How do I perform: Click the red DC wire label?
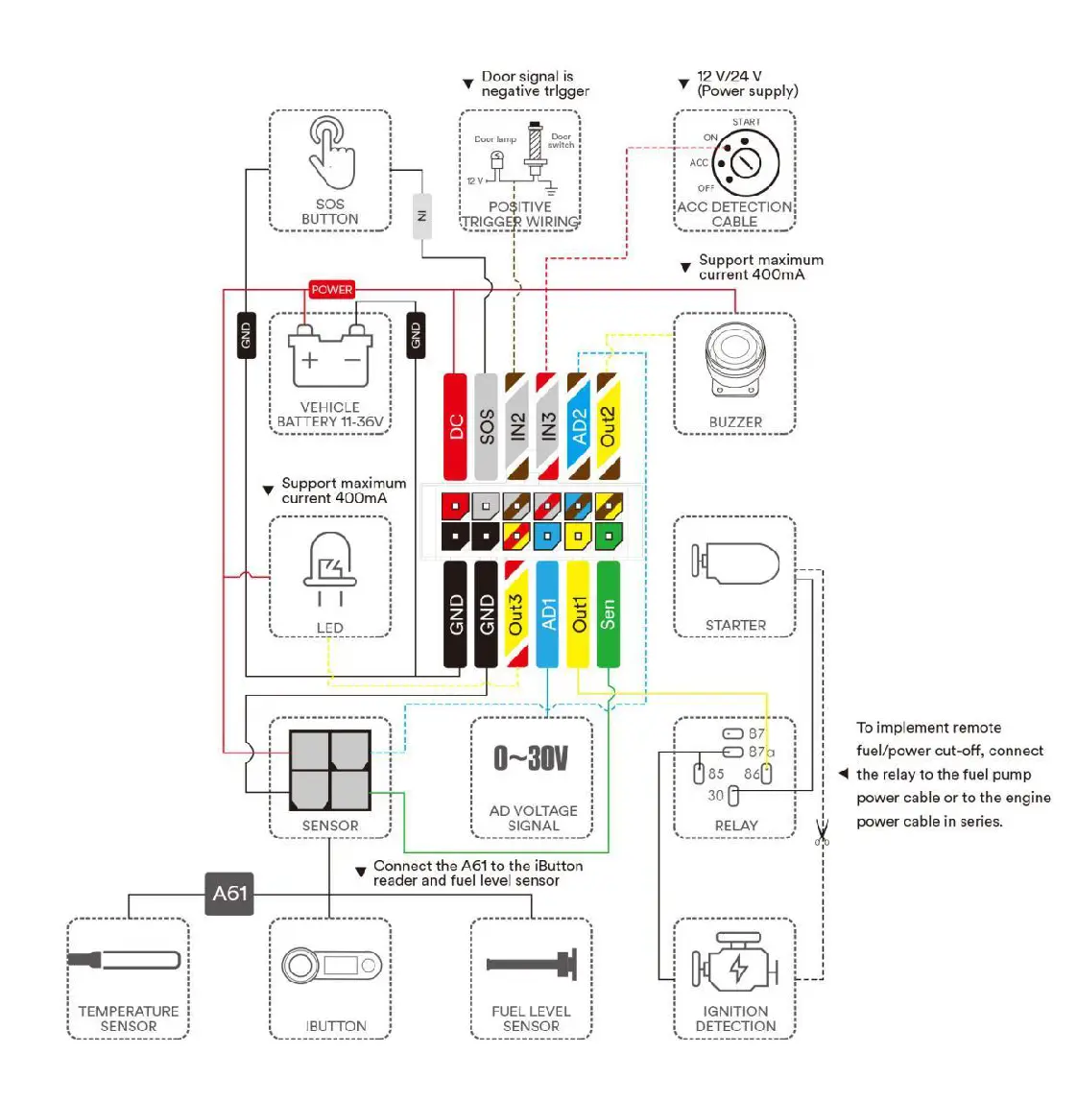tap(455, 426)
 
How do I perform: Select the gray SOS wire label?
tap(486, 426)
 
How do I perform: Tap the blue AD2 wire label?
tap(578, 426)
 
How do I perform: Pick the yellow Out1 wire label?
tap(578, 614)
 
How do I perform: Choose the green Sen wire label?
tap(609, 614)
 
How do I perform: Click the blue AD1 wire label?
tap(547, 614)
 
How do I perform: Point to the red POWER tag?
tap(331, 289)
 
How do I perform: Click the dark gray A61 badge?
tap(229, 894)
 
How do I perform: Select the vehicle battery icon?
tap(330, 356)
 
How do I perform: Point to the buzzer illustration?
tap(735, 359)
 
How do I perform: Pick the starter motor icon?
tap(735, 563)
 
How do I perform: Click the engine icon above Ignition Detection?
tap(735, 963)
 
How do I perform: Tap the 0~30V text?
tap(531, 758)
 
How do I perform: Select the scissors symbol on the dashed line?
tap(823, 832)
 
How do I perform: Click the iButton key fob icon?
tap(330, 965)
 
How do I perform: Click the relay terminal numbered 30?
tap(733, 796)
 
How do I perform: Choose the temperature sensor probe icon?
tap(125, 960)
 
